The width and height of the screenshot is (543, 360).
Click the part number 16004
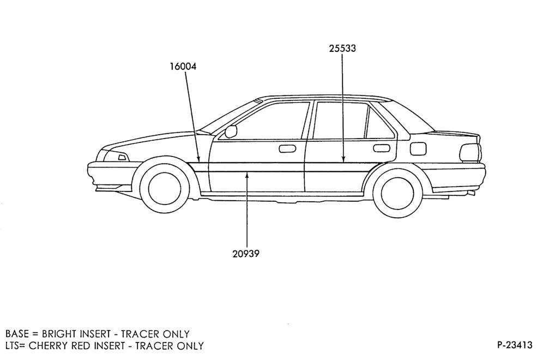click(x=183, y=66)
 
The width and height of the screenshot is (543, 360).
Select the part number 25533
click(x=342, y=48)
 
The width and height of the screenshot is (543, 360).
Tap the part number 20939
click(x=246, y=254)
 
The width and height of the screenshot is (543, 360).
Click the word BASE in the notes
click(x=17, y=334)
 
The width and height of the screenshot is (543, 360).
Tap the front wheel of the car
click(x=164, y=188)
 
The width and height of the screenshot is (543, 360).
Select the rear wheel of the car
click(x=397, y=193)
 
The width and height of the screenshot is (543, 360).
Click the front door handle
click(x=287, y=149)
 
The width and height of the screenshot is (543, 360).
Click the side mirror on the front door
click(x=231, y=131)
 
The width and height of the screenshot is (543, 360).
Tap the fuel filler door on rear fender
click(x=418, y=149)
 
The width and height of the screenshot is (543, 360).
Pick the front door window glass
click(x=263, y=121)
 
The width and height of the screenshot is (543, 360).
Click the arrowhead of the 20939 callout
click(x=247, y=175)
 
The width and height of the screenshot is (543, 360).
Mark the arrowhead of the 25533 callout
click(x=342, y=159)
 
